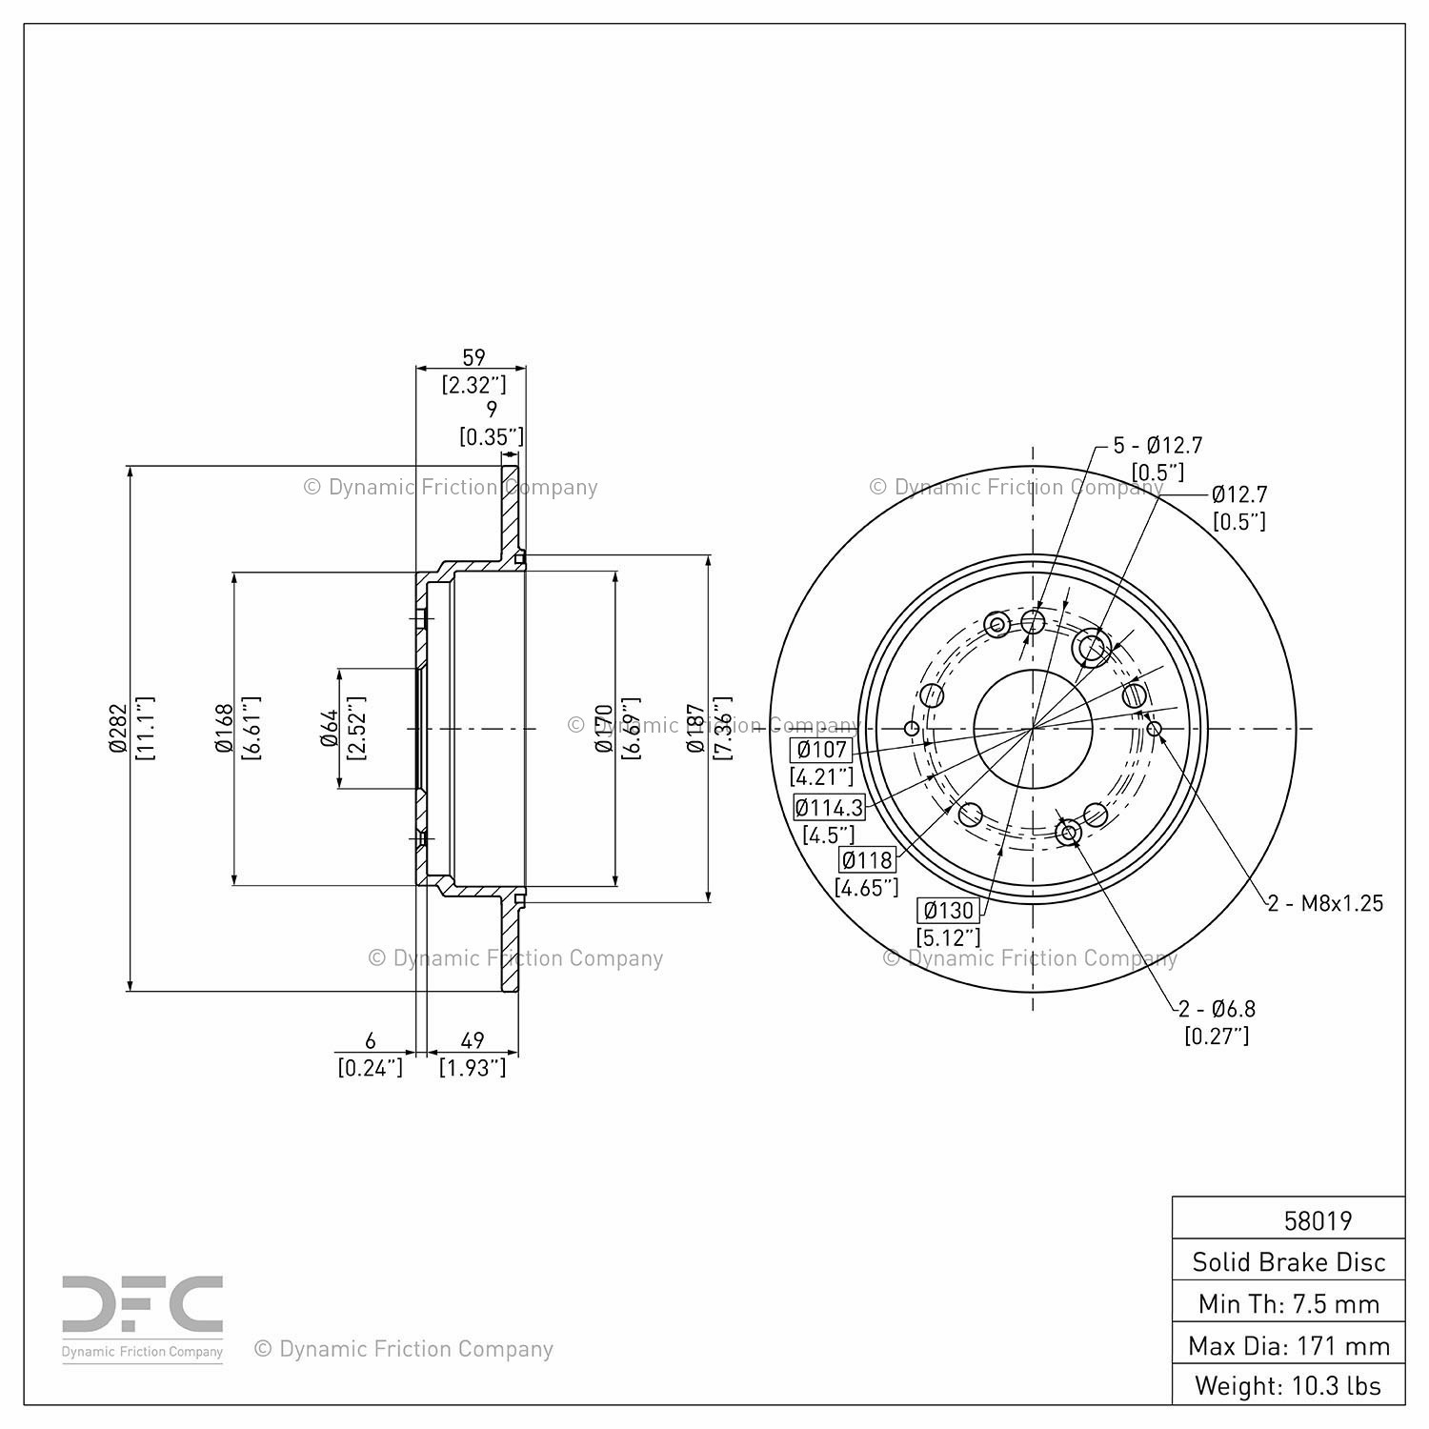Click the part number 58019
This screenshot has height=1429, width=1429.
[x=1318, y=1220]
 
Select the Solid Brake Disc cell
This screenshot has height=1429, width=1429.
[x=1289, y=1262]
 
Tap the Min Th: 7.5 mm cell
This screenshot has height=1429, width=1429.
[x=1289, y=1303]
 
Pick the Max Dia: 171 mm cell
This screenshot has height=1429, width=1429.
[x=1289, y=1345]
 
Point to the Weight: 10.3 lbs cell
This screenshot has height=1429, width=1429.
[x=1289, y=1385]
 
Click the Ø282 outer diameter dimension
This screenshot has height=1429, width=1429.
[x=117, y=729]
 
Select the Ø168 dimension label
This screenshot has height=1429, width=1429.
[x=224, y=729]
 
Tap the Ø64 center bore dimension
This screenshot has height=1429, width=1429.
[x=330, y=729]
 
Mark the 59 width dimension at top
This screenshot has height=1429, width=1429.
[x=473, y=357]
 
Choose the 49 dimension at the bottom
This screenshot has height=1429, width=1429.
[x=473, y=1040]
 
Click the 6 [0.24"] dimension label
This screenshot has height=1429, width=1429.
[x=371, y=1055]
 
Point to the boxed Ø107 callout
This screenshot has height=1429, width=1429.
[x=821, y=750]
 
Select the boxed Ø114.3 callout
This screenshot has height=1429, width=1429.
[x=829, y=808]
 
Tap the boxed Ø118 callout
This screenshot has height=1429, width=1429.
[x=867, y=860]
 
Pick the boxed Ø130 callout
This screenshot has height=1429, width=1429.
[x=948, y=910]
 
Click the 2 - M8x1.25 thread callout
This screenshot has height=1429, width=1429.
[x=1325, y=903]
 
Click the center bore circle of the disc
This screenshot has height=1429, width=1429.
[x=1034, y=729]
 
